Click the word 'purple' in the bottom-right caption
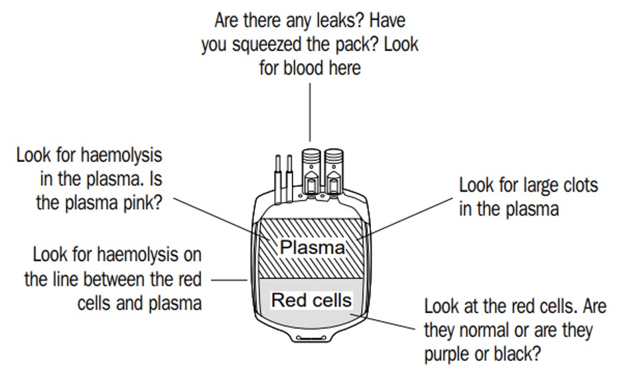(448, 354)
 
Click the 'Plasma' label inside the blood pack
(312, 247)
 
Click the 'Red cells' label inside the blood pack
(311, 300)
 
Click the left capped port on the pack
(310, 170)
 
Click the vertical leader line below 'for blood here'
(310, 113)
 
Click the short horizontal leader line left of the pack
(229, 280)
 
